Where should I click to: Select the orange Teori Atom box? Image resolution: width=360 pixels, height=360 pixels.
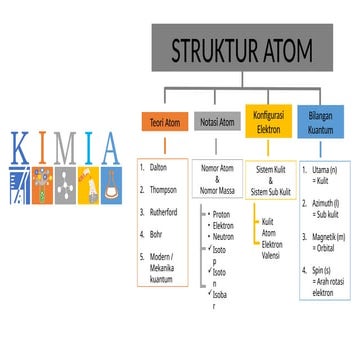[162, 122]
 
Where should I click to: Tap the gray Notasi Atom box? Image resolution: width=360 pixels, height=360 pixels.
[216, 122]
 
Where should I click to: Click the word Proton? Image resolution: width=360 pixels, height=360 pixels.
[223, 214]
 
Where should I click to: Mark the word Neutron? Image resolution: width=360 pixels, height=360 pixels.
[224, 236]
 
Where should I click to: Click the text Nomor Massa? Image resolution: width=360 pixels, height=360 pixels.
[218, 190]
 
